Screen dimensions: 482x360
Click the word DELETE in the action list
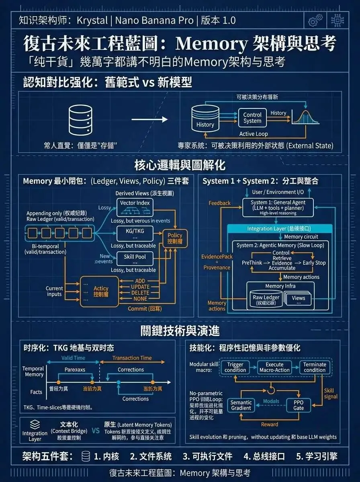140,292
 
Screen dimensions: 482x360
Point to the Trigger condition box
235,367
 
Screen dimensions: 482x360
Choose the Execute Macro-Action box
274,367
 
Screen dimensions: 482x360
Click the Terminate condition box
315,367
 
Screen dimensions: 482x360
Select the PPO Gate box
299,405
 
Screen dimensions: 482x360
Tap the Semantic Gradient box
241,405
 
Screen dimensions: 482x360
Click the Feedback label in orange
219,203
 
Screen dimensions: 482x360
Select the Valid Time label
73,358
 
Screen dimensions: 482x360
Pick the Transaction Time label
132,358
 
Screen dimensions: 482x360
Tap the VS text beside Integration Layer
96,431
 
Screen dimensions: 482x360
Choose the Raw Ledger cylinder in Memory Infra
266,299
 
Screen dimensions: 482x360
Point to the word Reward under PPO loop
269,425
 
